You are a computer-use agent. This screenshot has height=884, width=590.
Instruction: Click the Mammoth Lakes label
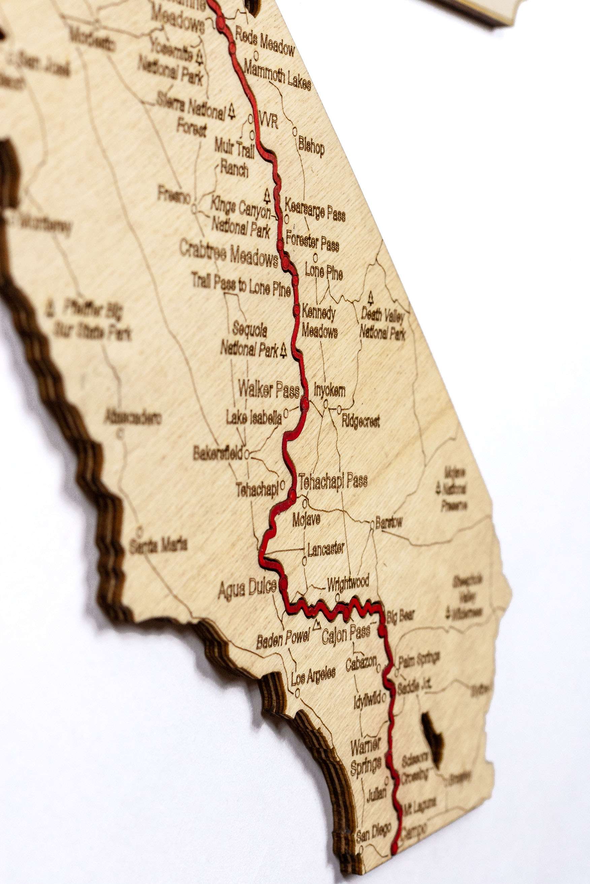(x=277, y=76)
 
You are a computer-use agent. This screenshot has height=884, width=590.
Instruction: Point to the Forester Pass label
(x=312, y=242)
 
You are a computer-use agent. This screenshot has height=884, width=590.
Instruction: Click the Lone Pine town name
(x=324, y=271)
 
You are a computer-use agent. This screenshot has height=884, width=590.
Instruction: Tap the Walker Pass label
(x=269, y=391)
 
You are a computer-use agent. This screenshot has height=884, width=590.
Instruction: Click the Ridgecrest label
(x=360, y=420)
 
